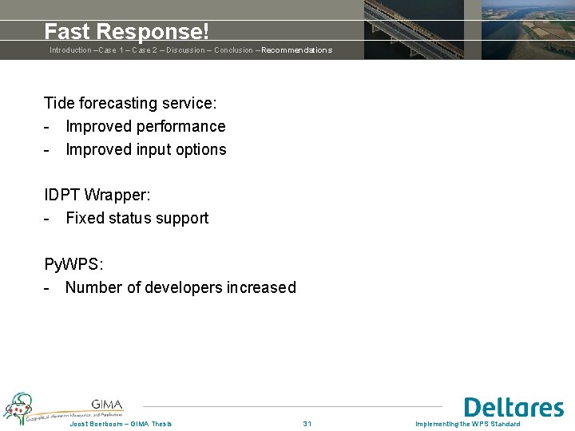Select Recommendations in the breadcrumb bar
point(296,50)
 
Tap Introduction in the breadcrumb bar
point(70,50)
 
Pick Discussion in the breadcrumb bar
point(185,50)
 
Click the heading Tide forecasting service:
point(130,103)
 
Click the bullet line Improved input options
point(145,149)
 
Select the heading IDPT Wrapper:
point(97,195)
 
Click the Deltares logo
point(514,407)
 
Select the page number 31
point(307,424)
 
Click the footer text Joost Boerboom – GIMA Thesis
point(121,424)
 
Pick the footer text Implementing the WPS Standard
point(468,424)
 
